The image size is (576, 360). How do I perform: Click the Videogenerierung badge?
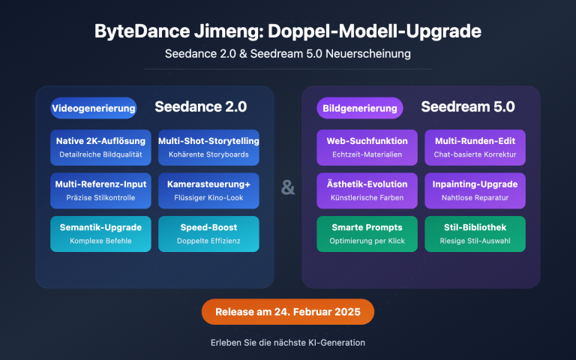click(94, 108)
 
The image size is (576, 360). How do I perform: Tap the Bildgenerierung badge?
click(360, 108)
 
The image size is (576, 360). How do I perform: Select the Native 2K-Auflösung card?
click(100, 147)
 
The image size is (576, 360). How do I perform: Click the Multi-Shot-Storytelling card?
click(208, 147)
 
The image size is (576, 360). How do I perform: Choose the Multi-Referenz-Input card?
click(100, 190)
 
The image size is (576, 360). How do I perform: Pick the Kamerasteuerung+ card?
click(208, 190)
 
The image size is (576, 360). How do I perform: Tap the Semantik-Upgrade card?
click(100, 233)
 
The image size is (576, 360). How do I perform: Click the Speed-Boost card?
click(208, 233)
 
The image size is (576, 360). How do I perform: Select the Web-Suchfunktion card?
click(367, 147)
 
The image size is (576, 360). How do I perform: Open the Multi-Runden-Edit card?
click(475, 147)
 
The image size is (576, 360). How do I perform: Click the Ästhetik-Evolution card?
click(367, 190)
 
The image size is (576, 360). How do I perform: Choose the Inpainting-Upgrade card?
click(475, 190)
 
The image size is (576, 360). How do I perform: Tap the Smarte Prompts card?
click(367, 233)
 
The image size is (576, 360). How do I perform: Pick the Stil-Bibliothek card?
click(475, 233)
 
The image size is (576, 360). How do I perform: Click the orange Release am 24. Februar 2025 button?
click(288, 311)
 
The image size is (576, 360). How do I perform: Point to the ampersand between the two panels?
click(288, 187)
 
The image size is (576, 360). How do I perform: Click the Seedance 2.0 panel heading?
click(200, 106)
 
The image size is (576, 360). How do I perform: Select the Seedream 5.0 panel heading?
click(468, 106)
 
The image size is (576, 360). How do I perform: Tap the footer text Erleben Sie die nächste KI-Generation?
click(288, 343)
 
